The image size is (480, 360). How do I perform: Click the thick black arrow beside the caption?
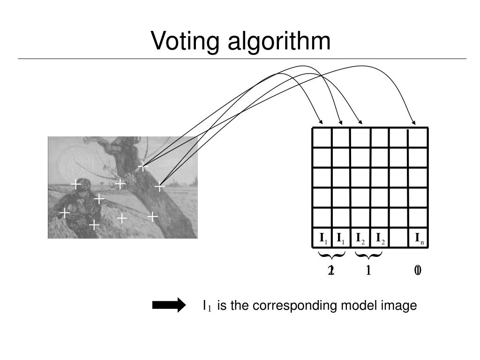tap(169, 306)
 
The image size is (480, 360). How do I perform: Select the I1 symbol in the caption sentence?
tap(207, 307)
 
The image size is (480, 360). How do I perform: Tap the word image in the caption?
tap(399, 306)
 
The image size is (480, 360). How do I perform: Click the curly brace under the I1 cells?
tap(332, 256)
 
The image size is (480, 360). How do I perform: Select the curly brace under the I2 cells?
tap(368, 256)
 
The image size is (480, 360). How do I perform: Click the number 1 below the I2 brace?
tap(368, 270)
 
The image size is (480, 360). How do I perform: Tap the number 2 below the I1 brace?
tap(331, 270)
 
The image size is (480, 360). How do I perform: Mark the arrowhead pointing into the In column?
tap(413, 120)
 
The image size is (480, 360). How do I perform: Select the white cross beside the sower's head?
tap(76, 185)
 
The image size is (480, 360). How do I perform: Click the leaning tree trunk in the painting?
tap(141, 187)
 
